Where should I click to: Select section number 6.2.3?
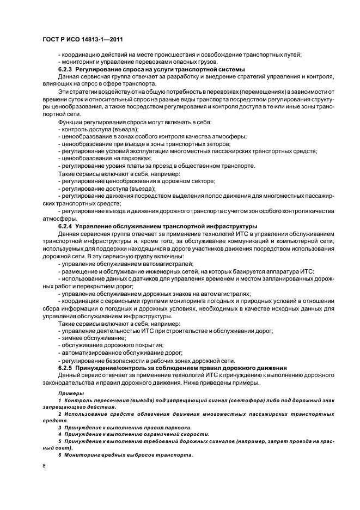66,69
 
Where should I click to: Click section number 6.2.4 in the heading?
66,226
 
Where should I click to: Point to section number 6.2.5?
66,368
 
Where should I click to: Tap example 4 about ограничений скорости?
133,434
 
